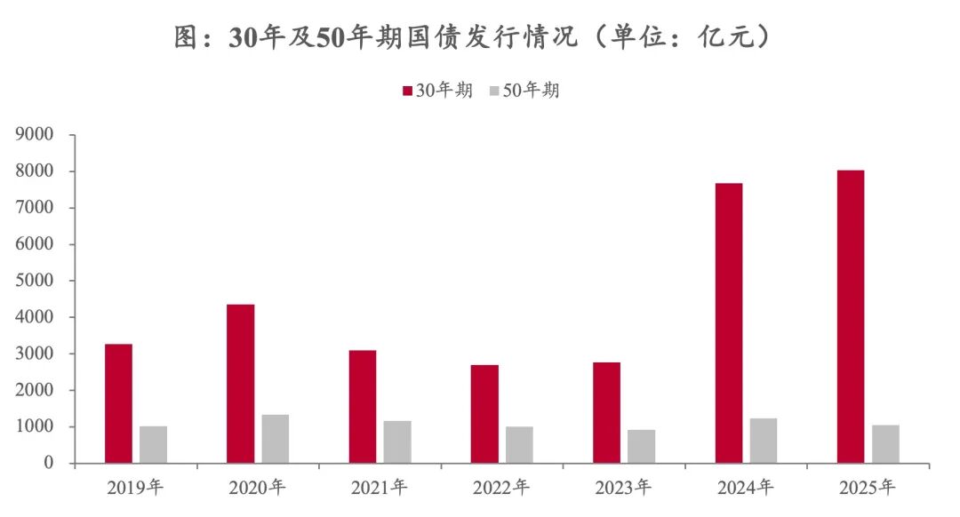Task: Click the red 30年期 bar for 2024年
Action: (x=729, y=323)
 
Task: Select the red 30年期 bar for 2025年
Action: (x=851, y=316)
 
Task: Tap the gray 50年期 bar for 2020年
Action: (x=276, y=439)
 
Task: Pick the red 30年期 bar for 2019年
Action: (x=118, y=403)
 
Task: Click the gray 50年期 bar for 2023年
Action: (x=642, y=447)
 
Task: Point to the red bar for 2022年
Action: (x=484, y=414)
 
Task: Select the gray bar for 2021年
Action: (x=397, y=441)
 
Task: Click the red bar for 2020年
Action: (x=240, y=384)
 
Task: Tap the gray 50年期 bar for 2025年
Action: (x=885, y=444)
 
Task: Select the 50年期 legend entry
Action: (x=524, y=90)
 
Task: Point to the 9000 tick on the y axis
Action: (x=36, y=135)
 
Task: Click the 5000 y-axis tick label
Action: (x=36, y=281)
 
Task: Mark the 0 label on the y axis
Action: (x=50, y=463)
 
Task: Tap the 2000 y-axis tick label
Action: (x=36, y=390)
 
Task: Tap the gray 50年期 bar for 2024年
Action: (x=764, y=441)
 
